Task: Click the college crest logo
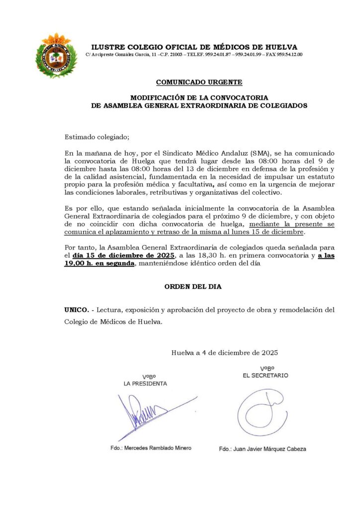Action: click(56, 56)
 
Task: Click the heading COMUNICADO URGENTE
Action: click(199, 82)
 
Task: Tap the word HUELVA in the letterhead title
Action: click(280, 47)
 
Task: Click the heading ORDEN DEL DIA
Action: click(193, 287)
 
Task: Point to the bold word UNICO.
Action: click(77, 310)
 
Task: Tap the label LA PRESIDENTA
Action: click(145, 384)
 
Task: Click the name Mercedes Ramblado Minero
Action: click(151, 448)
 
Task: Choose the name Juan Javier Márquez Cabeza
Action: click(263, 449)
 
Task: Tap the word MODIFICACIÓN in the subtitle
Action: click(159, 97)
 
